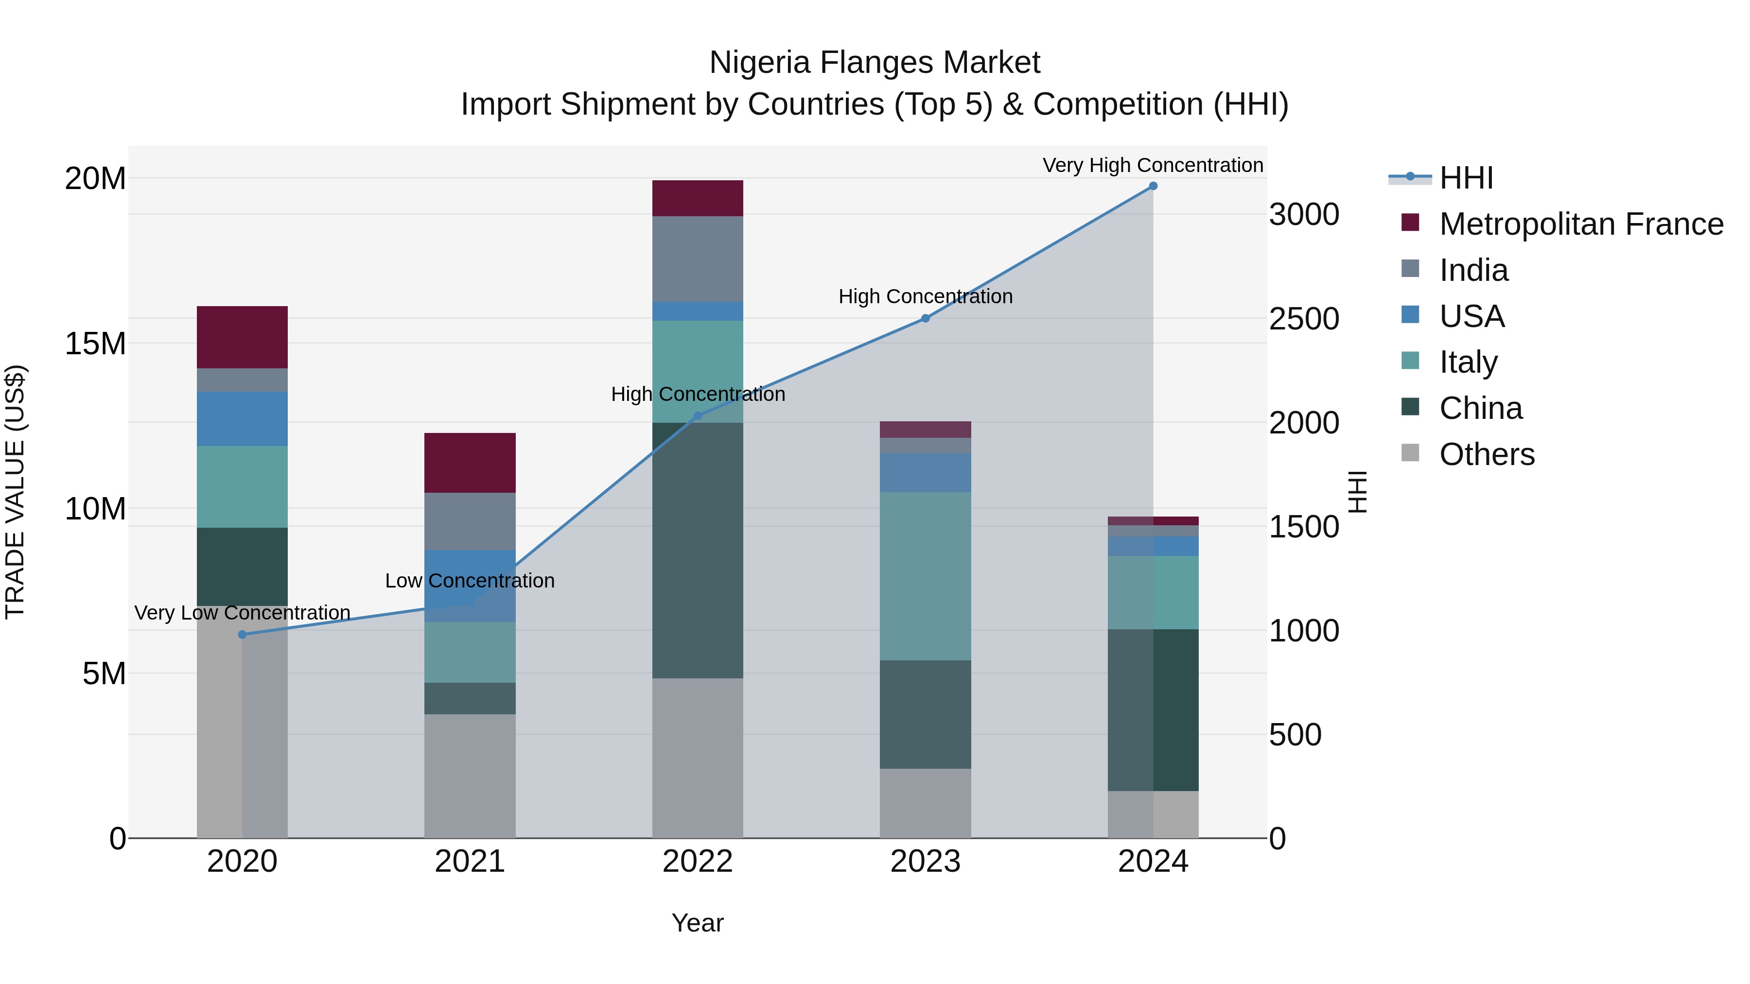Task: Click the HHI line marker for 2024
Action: [x=1153, y=186]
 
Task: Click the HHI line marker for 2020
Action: [x=243, y=634]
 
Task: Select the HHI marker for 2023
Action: [x=925, y=318]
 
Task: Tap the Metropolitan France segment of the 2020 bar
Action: [x=243, y=338]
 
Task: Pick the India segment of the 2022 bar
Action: [x=698, y=259]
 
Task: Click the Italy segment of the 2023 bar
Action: [x=925, y=576]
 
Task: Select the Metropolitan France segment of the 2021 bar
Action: [x=470, y=463]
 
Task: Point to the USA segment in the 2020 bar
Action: [x=243, y=419]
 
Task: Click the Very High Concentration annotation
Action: [x=1153, y=165]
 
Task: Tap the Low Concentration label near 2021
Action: [x=470, y=581]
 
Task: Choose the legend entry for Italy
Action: [x=1468, y=362]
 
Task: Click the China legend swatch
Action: [x=1410, y=408]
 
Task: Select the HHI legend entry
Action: [x=1466, y=178]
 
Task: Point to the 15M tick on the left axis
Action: [x=95, y=344]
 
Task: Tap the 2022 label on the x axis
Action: [x=698, y=862]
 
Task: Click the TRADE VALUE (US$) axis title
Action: [x=16, y=492]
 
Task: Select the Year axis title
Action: [x=698, y=923]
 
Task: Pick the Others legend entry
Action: [x=1487, y=454]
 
